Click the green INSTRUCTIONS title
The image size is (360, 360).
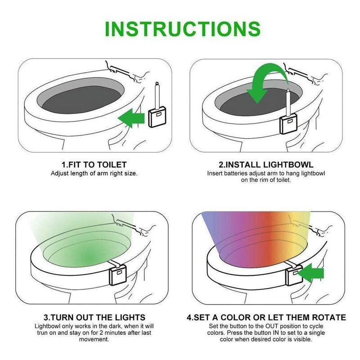click(183, 29)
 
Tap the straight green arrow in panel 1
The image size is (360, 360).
click(131, 118)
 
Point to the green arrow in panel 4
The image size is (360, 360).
click(312, 273)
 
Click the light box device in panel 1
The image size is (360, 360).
click(157, 117)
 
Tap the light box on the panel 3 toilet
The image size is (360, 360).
click(118, 275)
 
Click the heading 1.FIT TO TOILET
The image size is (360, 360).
click(94, 164)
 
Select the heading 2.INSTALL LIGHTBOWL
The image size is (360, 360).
click(266, 164)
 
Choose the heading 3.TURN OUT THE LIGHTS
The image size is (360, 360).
click(94, 317)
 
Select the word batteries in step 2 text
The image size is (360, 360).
click(235, 173)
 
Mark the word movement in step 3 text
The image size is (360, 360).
click(94, 339)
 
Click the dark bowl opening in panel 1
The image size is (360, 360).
click(81, 99)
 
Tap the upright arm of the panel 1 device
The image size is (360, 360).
click(157, 95)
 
